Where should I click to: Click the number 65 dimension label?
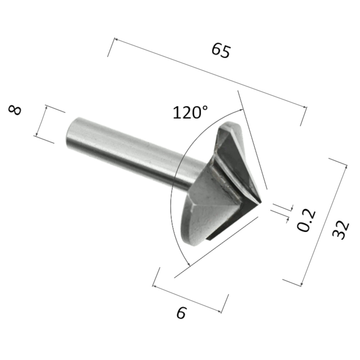(220, 50)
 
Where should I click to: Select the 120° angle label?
(190, 112)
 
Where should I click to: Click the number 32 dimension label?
(340, 230)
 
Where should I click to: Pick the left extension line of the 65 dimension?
(111, 47)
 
